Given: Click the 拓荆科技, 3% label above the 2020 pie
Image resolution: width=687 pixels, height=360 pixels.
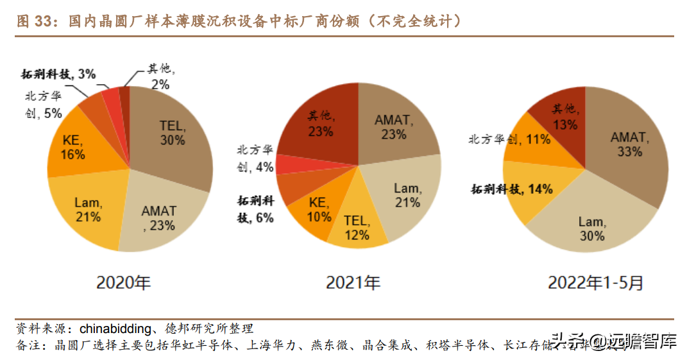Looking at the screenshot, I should tap(58, 74).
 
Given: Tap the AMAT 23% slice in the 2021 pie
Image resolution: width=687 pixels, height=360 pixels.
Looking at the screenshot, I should tap(393, 126).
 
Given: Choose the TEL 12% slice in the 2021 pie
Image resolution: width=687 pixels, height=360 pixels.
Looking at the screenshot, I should tap(357, 228).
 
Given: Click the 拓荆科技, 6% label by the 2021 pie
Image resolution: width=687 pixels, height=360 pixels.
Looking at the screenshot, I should tap(256, 209).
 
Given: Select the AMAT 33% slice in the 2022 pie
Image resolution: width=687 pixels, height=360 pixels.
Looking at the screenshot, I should tap(627, 144).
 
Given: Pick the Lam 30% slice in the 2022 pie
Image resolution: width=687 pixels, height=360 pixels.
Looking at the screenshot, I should tap(590, 228).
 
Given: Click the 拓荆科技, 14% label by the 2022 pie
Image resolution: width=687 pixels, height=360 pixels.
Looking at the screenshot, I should tap(512, 189).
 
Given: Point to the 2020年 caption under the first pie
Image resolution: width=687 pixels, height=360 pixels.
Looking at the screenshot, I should tap(123, 283).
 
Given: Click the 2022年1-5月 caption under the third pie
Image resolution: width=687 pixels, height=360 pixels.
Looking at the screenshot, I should tap(595, 283).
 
